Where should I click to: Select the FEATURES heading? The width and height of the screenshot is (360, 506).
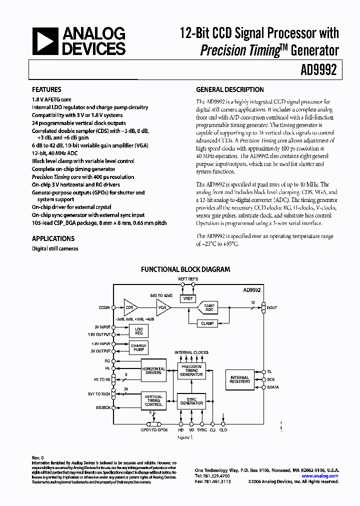[x=46, y=90]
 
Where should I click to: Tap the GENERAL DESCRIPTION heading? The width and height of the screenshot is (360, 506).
[x=229, y=90]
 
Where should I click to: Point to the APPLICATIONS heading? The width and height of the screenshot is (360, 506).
[x=53, y=238]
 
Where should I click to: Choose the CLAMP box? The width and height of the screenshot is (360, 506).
[x=207, y=323]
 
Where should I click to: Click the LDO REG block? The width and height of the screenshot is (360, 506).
[x=138, y=331]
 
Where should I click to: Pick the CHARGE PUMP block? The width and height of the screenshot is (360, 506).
[x=138, y=346]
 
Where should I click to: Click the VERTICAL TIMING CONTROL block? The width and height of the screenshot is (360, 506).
[x=153, y=400]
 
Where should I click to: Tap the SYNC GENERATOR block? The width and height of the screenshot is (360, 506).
[x=192, y=401]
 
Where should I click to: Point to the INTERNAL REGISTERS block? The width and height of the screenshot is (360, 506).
[x=239, y=380]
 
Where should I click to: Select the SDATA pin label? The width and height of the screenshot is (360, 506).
[x=273, y=387]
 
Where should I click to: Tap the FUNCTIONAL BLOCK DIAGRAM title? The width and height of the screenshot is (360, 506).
[x=185, y=269]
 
